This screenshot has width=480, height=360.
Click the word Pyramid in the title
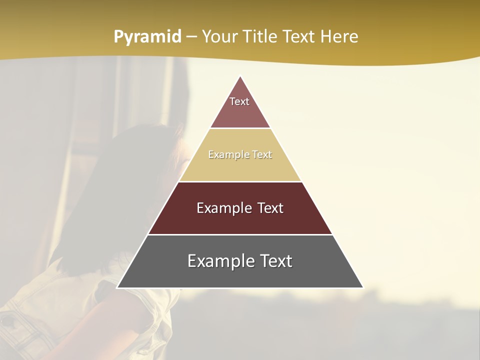(147, 37)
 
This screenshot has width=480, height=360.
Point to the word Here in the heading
(339, 36)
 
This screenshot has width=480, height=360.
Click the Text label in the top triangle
(239, 101)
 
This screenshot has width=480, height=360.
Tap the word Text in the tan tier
(262, 155)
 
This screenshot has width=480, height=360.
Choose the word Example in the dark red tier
(223, 208)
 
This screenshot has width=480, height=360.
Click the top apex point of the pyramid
(240, 76)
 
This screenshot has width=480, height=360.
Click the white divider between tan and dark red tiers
(240, 181)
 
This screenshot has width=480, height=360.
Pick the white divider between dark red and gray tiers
(240, 234)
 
